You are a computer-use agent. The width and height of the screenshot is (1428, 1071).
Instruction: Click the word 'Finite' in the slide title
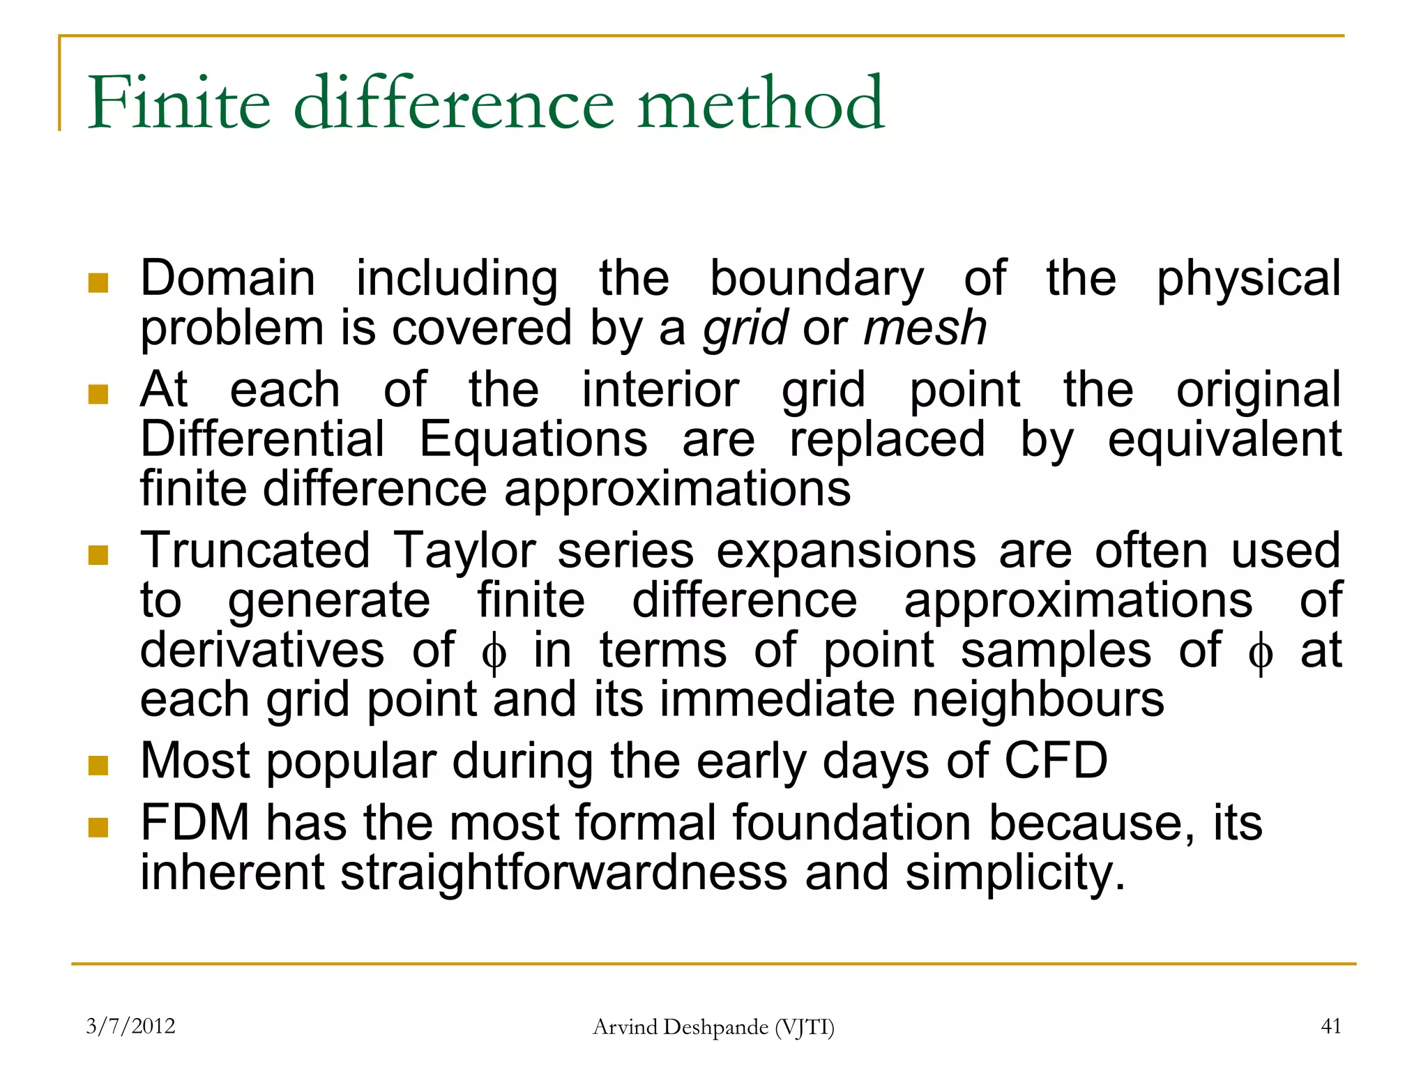(178, 103)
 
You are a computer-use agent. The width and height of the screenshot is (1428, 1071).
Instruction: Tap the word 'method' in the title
(761, 103)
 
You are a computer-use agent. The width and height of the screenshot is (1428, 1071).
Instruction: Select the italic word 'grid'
(745, 328)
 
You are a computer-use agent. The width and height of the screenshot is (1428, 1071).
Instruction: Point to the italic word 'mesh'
(925, 328)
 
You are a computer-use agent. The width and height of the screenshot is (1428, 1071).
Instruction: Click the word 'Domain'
(228, 278)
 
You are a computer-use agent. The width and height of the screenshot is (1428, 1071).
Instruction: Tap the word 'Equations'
(533, 439)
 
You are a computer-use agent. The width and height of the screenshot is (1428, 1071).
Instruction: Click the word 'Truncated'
(255, 550)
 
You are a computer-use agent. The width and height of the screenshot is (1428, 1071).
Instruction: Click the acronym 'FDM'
(195, 823)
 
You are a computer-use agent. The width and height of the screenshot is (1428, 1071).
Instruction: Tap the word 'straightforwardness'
(563, 873)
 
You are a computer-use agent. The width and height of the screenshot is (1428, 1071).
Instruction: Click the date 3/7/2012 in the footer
(130, 1026)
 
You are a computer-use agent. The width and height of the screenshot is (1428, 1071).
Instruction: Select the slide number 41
(1331, 1026)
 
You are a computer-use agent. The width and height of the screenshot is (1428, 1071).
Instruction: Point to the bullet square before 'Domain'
(98, 282)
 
